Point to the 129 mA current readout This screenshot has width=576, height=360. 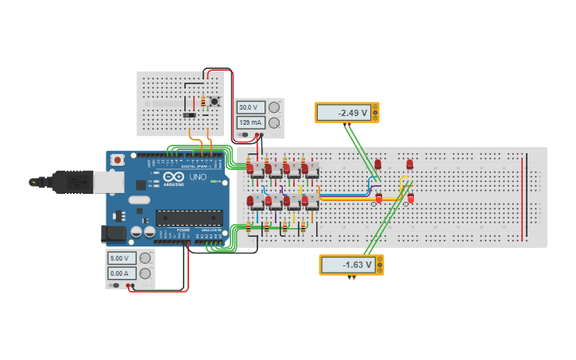pyautogui.click(x=249, y=122)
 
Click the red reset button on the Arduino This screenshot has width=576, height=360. pyautogui.click(x=118, y=160)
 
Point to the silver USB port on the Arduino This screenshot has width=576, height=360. pyautogui.click(x=110, y=182)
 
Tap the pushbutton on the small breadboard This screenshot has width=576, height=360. pyautogui.click(x=214, y=101)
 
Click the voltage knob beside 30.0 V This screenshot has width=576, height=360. pyautogui.click(x=274, y=107)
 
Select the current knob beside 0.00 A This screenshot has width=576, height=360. pyautogui.click(x=145, y=273)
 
